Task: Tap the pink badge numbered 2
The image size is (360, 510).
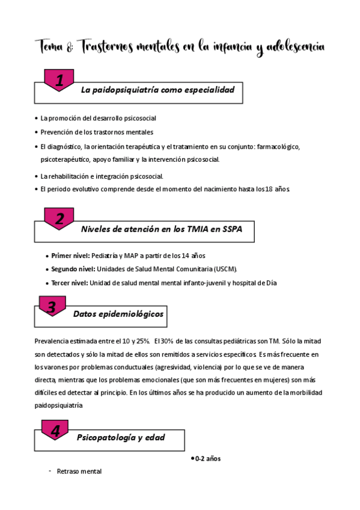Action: (x=59, y=220)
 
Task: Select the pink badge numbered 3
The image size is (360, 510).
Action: (x=52, y=307)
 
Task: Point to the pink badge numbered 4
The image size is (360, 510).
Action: (x=55, y=431)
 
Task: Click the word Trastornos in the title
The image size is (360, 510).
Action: (x=112, y=46)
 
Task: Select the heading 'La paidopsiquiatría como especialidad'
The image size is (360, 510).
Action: (x=157, y=90)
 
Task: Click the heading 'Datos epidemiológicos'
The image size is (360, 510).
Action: (x=118, y=314)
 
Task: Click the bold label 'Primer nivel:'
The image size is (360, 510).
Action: (x=70, y=256)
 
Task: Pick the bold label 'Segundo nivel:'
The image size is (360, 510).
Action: (x=73, y=269)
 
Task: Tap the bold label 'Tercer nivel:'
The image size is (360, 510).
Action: (x=69, y=283)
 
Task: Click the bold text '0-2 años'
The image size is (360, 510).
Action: (x=207, y=459)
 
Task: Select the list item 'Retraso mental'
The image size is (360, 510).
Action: (x=79, y=472)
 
